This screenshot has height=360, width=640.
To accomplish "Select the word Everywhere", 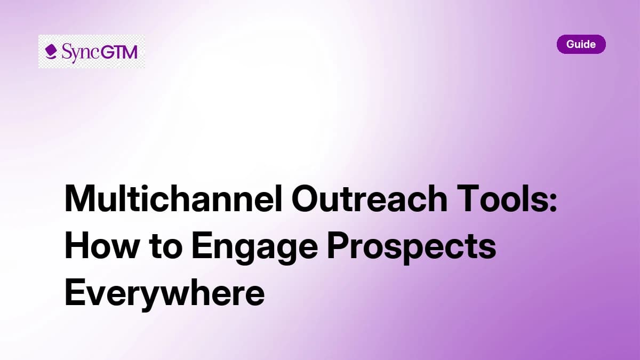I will click(164, 293).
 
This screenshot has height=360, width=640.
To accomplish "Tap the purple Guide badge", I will click(581, 44).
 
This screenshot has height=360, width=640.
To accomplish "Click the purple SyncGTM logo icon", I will click(51, 52).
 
